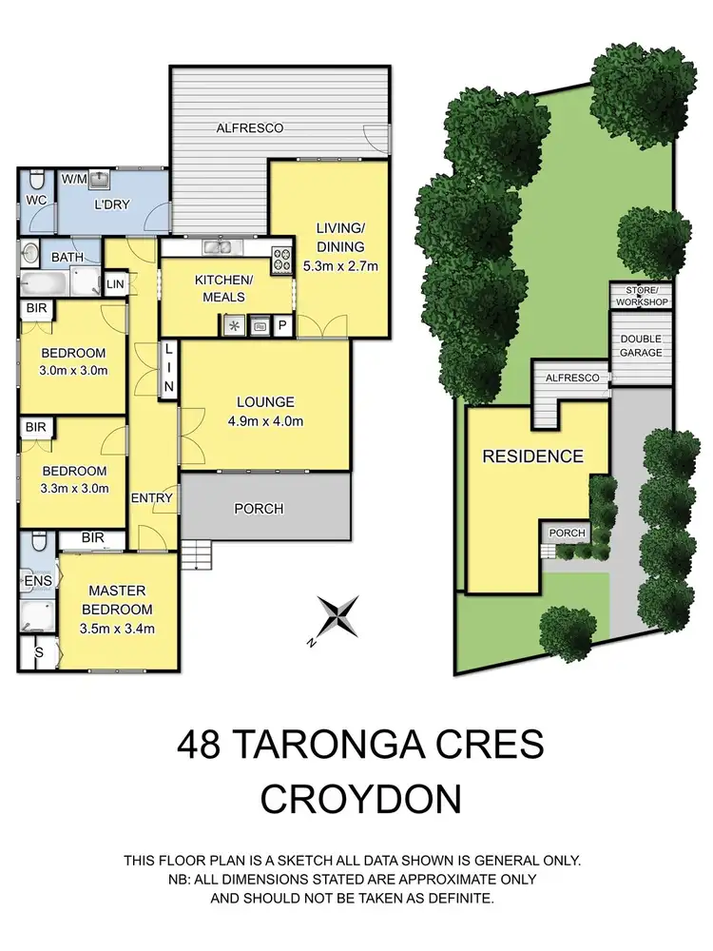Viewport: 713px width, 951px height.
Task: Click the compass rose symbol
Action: (339, 616)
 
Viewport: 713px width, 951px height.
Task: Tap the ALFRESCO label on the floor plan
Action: (250, 127)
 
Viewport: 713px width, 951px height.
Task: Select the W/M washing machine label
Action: (75, 179)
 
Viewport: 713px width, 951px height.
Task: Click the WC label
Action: (36, 201)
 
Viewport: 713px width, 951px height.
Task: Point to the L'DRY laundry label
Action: (111, 204)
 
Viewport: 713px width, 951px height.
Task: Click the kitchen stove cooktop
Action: (282, 260)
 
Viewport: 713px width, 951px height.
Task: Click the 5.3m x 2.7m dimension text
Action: (340, 266)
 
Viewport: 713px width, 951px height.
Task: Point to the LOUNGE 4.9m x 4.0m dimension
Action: (266, 421)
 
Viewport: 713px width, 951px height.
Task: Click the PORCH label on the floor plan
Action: (259, 509)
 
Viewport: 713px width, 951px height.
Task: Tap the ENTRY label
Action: (152, 498)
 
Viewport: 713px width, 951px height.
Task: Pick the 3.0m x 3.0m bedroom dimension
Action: (74, 371)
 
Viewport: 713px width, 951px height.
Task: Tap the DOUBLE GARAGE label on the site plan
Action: (640, 346)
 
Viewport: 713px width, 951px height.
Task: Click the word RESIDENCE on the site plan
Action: (532, 456)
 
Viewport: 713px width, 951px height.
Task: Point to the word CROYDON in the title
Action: (360, 799)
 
